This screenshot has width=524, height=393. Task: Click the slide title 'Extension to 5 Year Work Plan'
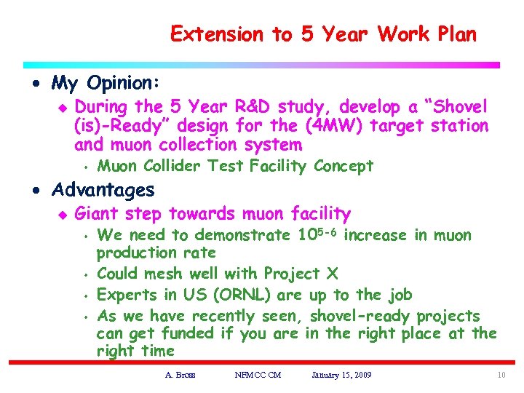click(x=323, y=34)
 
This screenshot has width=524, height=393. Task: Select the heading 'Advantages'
click(x=103, y=191)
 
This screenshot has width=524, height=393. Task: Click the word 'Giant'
click(x=98, y=214)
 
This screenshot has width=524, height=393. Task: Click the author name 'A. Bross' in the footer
click(x=180, y=375)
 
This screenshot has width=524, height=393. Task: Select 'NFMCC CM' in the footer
click(x=258, y=375)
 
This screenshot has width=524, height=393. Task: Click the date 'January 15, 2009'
click(x=341, y=375)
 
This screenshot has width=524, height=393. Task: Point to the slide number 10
click(x=501, y=375)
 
